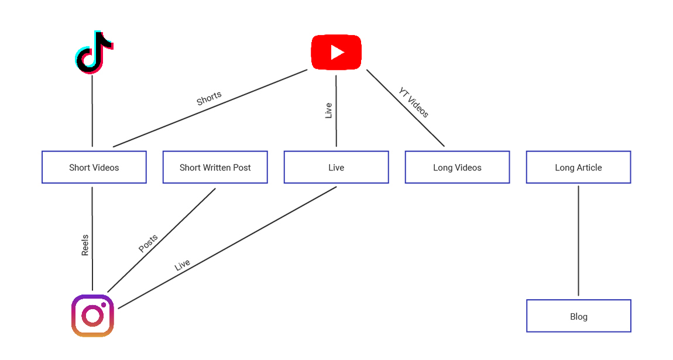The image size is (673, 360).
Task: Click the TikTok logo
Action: pyautogui.click(x=94, y=52)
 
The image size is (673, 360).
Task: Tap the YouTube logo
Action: pyautogui.click(x=336, y=53)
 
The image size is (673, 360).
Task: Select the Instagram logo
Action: pyautogui.click(x=92, y=316)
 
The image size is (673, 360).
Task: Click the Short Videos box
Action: pyautogui.click(x=94, y=167)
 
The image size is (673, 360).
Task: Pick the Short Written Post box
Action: pyautogui.click(x=215, y=167)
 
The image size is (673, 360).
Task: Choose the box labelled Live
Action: pyautogui.click(x=336, y=167)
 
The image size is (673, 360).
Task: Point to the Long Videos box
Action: pyautogui.click(x=457, y=167)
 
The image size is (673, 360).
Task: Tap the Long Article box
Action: pyautogui.click(x=578, y=167)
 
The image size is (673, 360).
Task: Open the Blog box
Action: pyautogui.click(x=578, y=316)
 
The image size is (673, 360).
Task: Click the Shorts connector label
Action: pyautogui.click(x=209, y=98)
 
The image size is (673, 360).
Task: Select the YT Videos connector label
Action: pyautogui.click(x=414, y=102)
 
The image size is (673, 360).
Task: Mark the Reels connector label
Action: pyautogui.click(x=85, y=245)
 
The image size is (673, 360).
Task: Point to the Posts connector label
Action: pyautogui.click(x=148, y=244)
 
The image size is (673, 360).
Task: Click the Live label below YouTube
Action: pyautogui.click(x=328, y=111)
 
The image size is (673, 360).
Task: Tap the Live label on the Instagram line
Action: pyautogui.click(x=183, y=265)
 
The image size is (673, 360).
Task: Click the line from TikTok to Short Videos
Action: pyautogui.click(x=92, y=111)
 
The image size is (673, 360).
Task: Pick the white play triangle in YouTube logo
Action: pyautogui.click(x=337, y=53)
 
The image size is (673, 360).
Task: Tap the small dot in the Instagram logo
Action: pyautogui.click(x=103, y=305)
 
